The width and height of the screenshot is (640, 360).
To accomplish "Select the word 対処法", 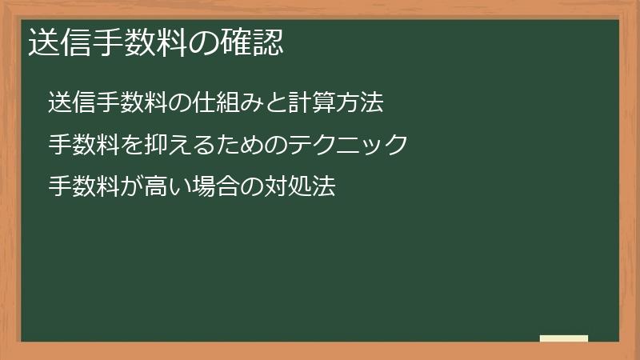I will point(298,187).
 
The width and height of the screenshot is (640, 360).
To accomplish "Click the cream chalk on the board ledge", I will point(564,338).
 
